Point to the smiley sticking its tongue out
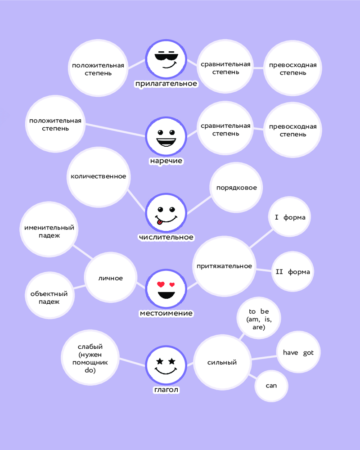point(166,213)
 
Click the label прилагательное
point(166,84)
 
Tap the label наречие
point(166,161)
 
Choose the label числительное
point(166,237)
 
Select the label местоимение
point(166,313)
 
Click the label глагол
point(166,389)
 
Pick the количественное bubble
point(98,176)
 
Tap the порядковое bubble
point(236,188)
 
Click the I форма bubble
point(290,218)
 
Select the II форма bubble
point(292,272)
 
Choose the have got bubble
point(298,353)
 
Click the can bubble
point(271,386)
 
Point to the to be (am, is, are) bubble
point(258,319)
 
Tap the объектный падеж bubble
point(49,297)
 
